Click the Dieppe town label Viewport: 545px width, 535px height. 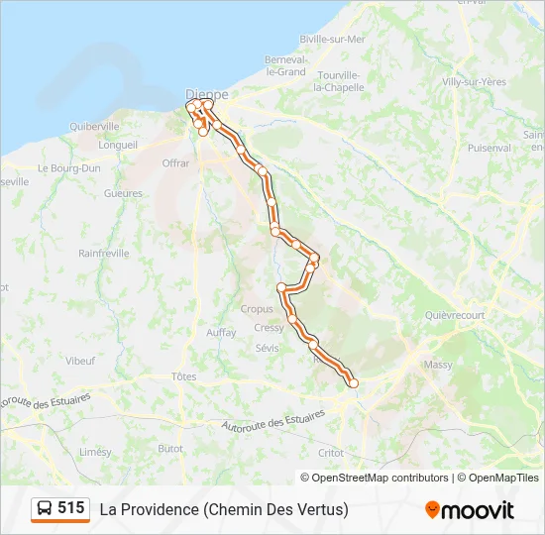[x=207, y=94]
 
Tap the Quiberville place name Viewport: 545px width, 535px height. [x=94, y=127]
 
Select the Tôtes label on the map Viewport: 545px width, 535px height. [x=183, y=376]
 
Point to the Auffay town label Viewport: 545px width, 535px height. [x=221, y=333]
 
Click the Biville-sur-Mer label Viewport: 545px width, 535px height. [x=332, y=40]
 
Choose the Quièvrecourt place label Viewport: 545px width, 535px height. [x=454, y=315]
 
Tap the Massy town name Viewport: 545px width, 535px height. [x=437, y=365]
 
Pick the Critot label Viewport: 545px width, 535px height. [x=331, y=452]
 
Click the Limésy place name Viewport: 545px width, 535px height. [x=95, y=451]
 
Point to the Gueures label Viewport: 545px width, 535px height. [x=123, y=194]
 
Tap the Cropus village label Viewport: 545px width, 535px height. [x=257, y=309]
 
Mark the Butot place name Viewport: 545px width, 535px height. [x=171, y=448]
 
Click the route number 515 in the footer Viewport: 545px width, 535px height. [x=70, y=508]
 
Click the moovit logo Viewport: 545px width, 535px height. [x=470, y=510]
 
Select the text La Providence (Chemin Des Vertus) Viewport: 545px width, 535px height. [x=224, y=509]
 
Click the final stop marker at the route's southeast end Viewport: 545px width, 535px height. [x=353, y=383]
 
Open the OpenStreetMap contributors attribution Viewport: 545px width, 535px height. [x=380, y=478]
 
